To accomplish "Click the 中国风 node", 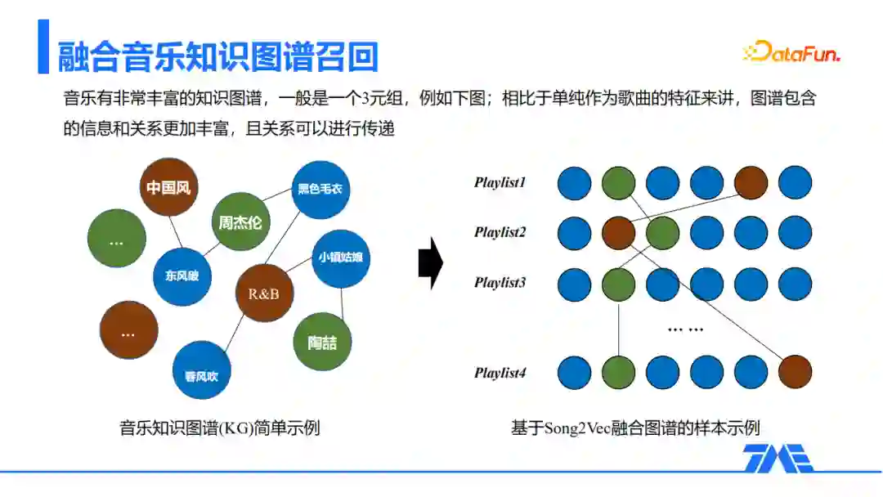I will click(168, 187).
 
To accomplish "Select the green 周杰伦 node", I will click(240, 222).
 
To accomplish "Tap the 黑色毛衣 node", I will click(320, 190).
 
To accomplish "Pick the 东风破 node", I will click(182, 276).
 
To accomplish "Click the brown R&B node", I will click(264, 293).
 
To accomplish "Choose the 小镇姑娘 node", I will click(340, 258).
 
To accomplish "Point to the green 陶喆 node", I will click(322, 343).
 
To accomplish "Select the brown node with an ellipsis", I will click(128, 330).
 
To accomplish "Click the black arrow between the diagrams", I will click(430, 264).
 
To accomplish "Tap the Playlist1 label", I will click(500, 182).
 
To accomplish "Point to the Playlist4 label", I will click(500, 373).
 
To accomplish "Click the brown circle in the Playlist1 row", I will click(751, 183).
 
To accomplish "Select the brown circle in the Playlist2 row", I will click(618, 233).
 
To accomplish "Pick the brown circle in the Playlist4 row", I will click(795, 372).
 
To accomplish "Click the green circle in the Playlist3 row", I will click(618, 284).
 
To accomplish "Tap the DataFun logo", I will click(791, 53).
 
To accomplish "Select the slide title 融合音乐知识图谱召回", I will click(218, 57).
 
